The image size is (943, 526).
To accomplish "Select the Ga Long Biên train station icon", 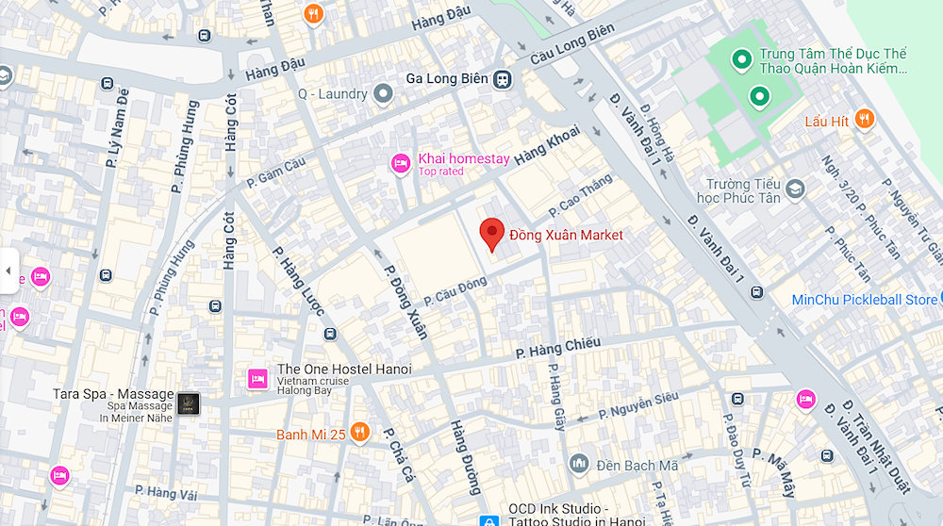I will (504, 79).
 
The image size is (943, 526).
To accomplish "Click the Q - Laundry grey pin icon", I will (383, 94).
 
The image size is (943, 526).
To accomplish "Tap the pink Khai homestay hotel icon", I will (401, 164).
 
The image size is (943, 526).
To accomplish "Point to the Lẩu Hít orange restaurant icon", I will (865, 121).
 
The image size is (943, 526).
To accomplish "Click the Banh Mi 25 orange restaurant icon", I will (358, 433).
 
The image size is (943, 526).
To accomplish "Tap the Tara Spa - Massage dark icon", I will (189, 403).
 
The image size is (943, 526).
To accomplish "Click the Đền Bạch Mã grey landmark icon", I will (578, 464).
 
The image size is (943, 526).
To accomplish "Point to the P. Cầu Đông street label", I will (455, 289).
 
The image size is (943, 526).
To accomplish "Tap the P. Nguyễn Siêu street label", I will (637, 406).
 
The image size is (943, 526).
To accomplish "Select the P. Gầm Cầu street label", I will (277, 172).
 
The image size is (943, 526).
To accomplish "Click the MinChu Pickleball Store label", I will (864, 300).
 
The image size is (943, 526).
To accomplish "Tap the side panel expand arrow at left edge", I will (8, 271).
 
